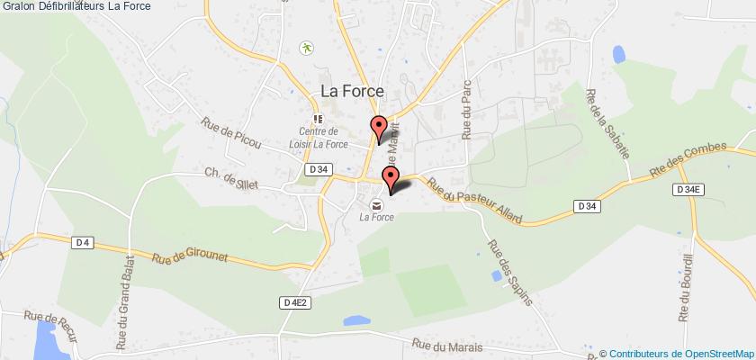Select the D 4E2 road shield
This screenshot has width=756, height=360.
(x=297, y=302)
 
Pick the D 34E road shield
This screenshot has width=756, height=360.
(x=688, y=189)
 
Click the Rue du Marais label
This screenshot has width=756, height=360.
(x=448, y=346)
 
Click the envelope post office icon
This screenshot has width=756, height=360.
(x=373, y=202)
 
